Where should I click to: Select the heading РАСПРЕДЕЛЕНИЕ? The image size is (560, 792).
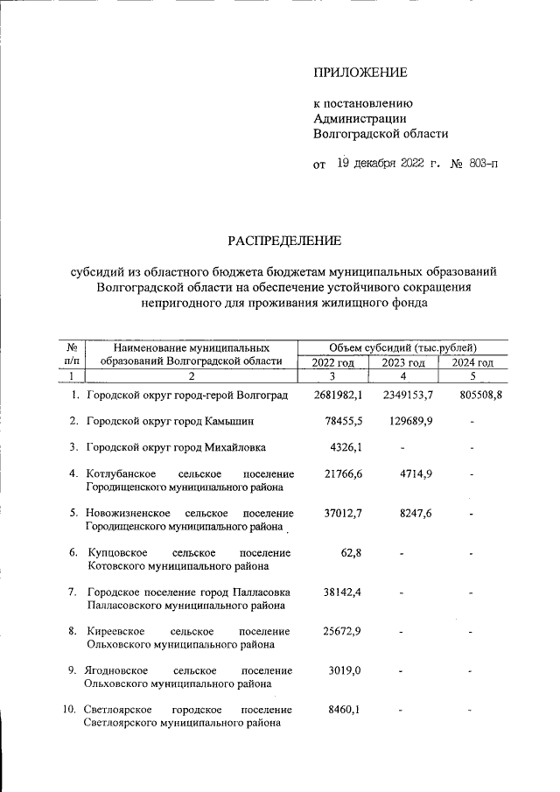click(285, 240)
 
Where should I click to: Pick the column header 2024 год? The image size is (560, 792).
click(472, 363)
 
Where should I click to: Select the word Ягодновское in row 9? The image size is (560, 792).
click(118, 670)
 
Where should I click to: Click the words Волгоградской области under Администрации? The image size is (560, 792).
click(381, 134)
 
